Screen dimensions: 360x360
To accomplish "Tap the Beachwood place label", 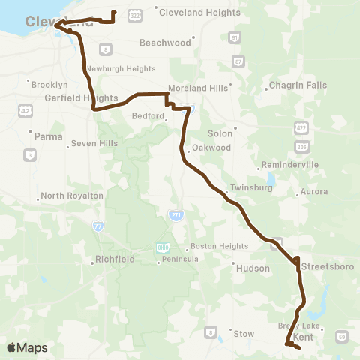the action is tap(166, 43).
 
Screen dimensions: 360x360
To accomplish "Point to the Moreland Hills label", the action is tap(198, 88).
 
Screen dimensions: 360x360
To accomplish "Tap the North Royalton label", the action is tap(71, 196).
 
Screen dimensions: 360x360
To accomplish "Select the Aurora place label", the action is tap(313, 192).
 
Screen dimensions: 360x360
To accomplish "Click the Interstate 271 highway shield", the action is tap(173, 214).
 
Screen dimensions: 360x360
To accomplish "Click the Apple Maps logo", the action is tap(27, 347).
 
